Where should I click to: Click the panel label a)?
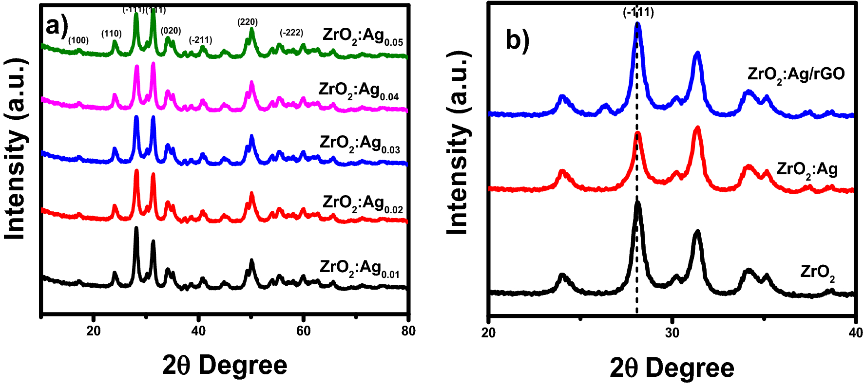(x=56, y=26)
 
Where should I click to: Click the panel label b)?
(x=517, y=40)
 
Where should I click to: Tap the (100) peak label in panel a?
(x=78, y=40)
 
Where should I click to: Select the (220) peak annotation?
(x=248, y=22)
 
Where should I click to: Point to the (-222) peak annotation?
(x=291, y=33)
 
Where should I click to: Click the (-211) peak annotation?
(x=200, y=40)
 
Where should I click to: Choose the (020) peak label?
(x=171, y=31)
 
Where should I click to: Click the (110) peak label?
(x=111, y=34)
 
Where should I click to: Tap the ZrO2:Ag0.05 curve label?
(x=363, y=37)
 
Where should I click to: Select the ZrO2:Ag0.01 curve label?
(x=360, y=269)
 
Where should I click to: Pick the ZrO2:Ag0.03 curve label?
(x=360, y=144)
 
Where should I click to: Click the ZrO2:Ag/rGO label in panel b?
(x=796, y=74)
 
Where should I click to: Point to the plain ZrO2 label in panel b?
(x=817, y=273)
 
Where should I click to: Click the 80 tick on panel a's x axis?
(x=408, y=331)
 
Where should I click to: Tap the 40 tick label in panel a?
(x=198, y=331)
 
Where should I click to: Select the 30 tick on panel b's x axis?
(x=672, y=332)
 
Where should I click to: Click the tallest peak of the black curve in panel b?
(x=637, y=203)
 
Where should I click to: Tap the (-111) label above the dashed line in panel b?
(x=638, y=12)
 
